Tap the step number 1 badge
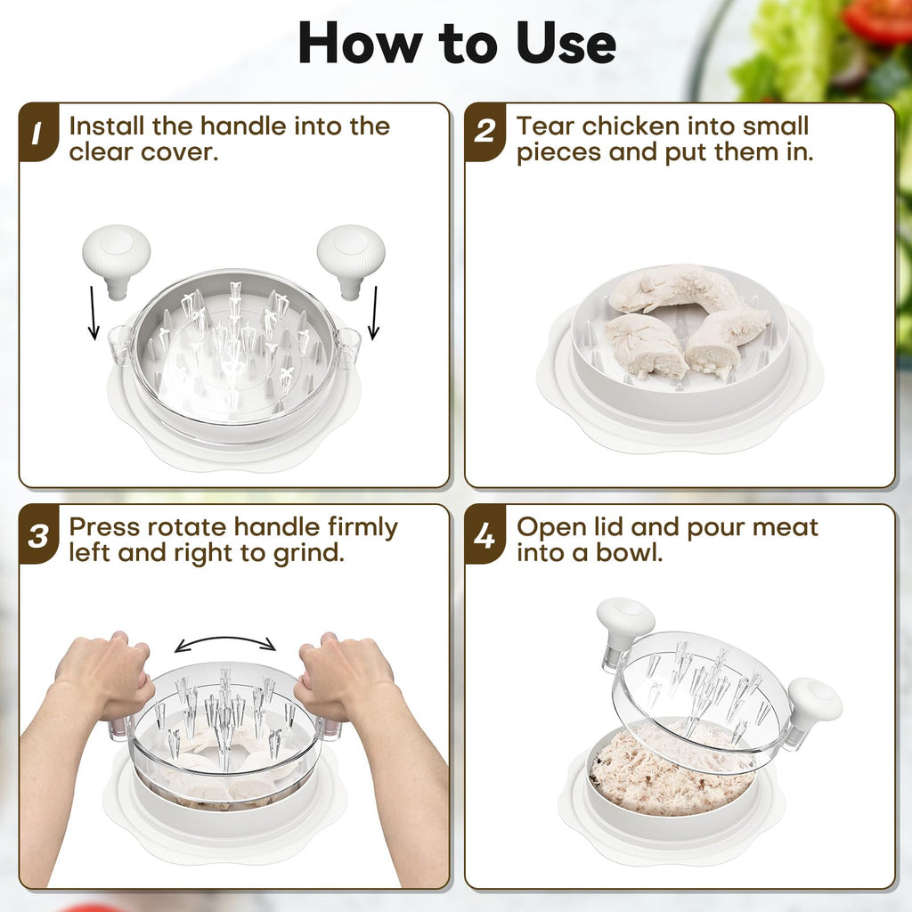pyautogui.click(x=38, y=132)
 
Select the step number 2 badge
pyautogui.click(x=484, y=132)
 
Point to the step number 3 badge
pyautogui.click(x=38, y=534)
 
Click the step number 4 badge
pyautogui.click(x=484, y=534)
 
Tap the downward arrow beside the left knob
pyautogui.click(x=93, y=312)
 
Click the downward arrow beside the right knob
pyautogui.click(x=374, y=312)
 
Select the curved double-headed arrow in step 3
pyautogui.click(x=225, y=639)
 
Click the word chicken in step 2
pyautogui.click(x=631, y=126)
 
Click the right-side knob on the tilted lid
pyautogui.click(x=814, y=705)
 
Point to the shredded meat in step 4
pyautogui.click(x=669, y=768)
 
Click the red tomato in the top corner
pyautogui.click(x=877, y=20)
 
